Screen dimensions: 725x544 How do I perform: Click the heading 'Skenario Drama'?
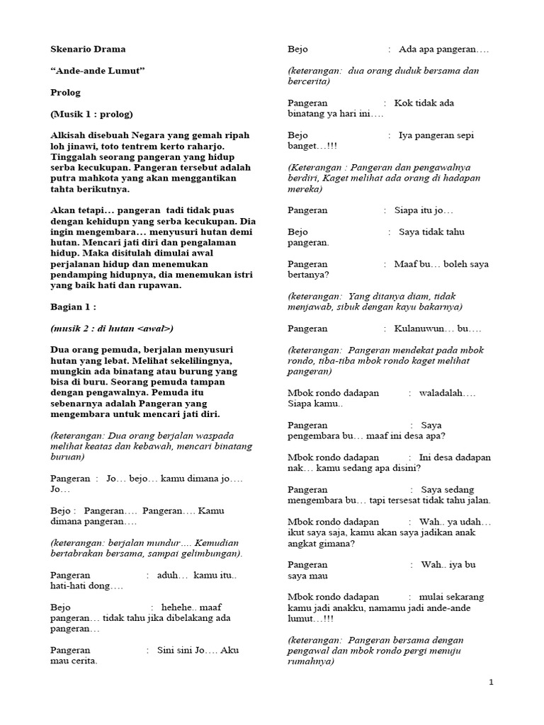88,50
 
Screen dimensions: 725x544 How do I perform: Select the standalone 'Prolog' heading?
66,92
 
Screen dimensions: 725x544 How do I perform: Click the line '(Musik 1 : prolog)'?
91,114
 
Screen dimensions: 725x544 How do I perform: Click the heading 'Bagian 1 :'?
73,307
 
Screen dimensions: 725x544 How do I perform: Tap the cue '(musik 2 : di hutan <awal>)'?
112,329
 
